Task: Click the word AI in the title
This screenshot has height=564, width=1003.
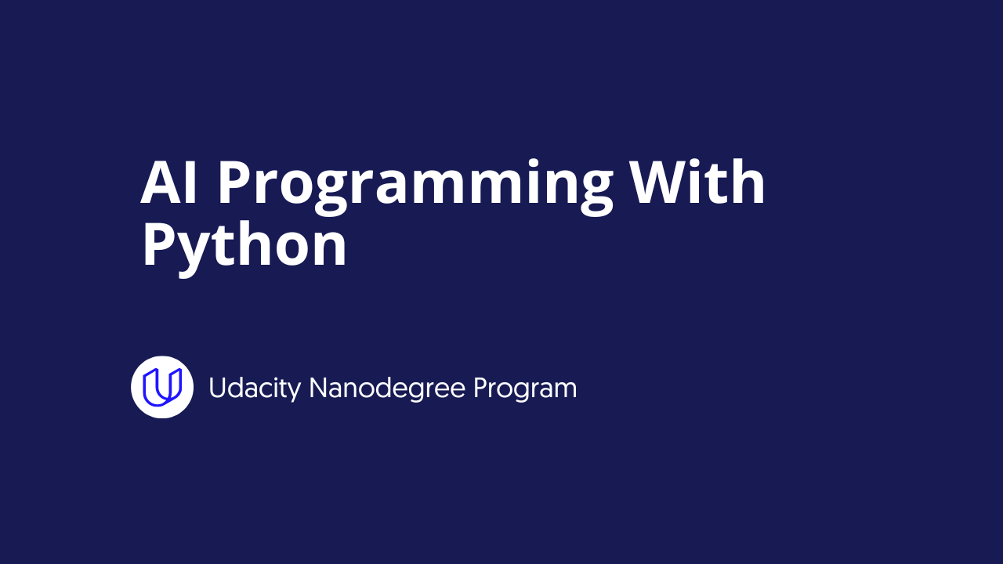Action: pyautogui.click(x=168, y=183)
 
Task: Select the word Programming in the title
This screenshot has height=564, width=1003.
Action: pyautogui.click(x=415, y=187)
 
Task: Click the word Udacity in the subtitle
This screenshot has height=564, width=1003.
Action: pyautogui.click(x=255, y=389)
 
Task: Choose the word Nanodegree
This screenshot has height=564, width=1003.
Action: pyautogui.click(x=387, y=388)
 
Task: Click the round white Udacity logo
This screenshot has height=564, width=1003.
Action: pyautogui.click(x=162, y=387)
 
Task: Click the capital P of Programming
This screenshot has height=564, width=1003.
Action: pyautogui.click(x=234, y=183)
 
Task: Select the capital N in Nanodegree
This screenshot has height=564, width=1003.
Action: pyautogui.click(x=319, y=388)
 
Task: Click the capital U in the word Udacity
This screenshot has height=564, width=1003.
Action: pyautogui.click(x=217, y=388)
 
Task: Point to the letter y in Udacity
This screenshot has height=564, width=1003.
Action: pyautogui.click(x=294, y=392)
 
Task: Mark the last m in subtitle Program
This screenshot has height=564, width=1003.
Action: pyautogui.click(x=564, y=391)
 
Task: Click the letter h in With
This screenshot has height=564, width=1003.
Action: pyautogui.click(x=748, y=181)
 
